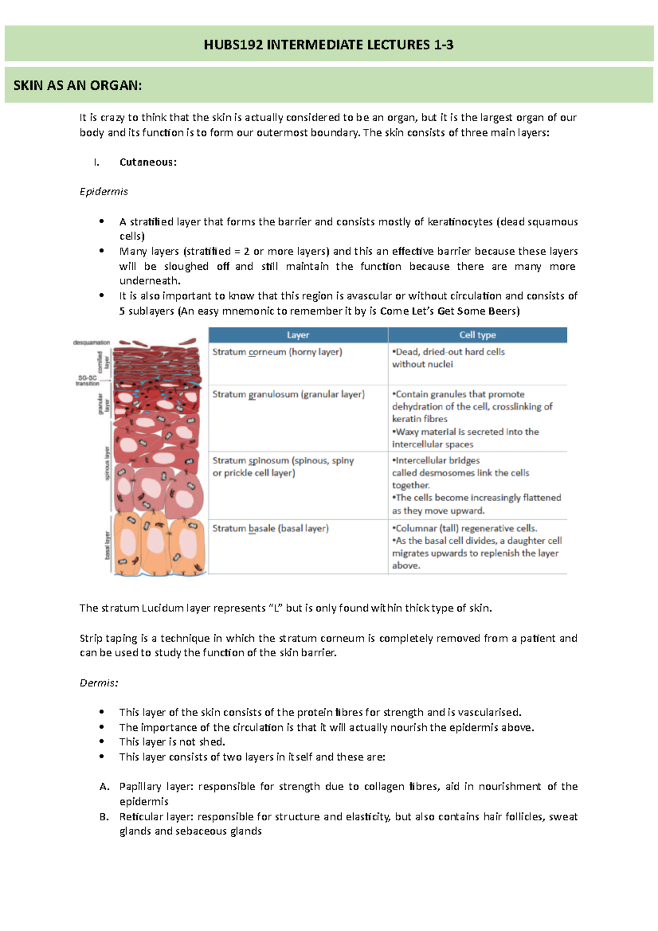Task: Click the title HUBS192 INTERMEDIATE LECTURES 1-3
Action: pyautogui.click(x=328, y=45)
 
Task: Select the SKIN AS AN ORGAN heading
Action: pyautogui.click(x=77, y=86)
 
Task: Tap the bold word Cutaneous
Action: pyautogui.click(x=148, y=162)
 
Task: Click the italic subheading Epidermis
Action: pyautogui.click(x=104, y=192)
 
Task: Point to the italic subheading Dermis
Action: pyautogui.click(x=99, y=683)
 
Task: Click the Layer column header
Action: pyautogui.click(x=298, y=335)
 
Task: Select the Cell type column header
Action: pyautogui.click(x=477, y=335)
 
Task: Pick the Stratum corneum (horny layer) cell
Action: pyautogui.click(x=277, y=352)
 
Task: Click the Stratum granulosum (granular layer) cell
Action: pyautogui.click(x=288, y=394)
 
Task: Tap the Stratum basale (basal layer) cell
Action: pyautogui.click(x=270, y=529)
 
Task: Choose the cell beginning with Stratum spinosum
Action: pyautogui.click(x=283, y=467)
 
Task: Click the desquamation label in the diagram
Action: pyautogui.click(x=92, y=343)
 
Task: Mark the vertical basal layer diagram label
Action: pyautogui.click(x=107, y=545)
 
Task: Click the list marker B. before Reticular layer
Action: pyautogui.click(x=104, y=817)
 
